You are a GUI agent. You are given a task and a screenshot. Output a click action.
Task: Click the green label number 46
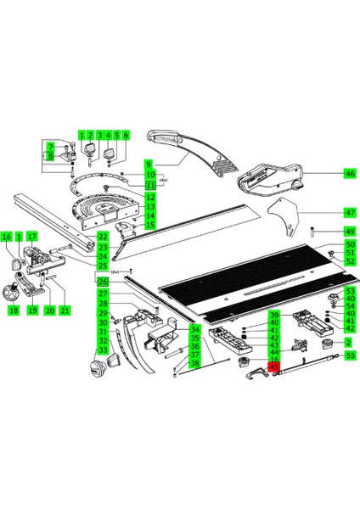tap(349, 173)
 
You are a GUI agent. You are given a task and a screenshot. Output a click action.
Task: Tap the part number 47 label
tap(349, 212)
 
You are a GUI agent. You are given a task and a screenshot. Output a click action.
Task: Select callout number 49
tap(349, 232)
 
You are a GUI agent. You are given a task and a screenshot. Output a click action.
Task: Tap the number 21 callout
tap(64, 311)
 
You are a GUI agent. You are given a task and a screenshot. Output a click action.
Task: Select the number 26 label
tap(102, 282)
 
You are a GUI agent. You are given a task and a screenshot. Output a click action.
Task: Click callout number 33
tap(102, 350)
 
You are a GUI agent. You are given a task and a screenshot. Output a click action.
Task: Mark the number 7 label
tap(50, 147)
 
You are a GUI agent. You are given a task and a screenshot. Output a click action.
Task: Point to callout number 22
tap(102, 238)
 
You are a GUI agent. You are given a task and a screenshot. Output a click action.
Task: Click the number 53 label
tap(349, 292)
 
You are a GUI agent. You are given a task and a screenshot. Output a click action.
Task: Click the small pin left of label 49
tap(313, 230)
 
